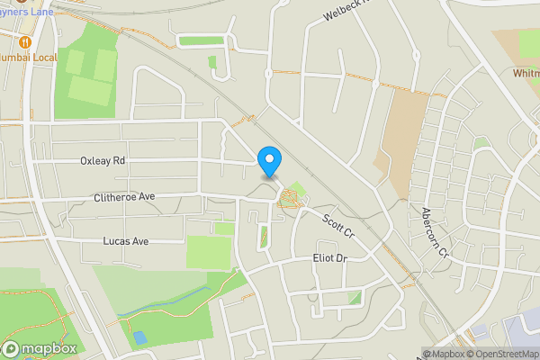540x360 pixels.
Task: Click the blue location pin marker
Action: [269, 161]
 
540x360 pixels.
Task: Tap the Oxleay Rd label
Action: [102, 161]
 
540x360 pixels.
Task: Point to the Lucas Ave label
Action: [125, 242]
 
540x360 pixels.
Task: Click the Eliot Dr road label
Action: [328, 259]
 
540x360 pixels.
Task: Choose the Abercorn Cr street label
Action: [434, 232]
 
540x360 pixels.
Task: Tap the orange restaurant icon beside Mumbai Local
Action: [24, 40]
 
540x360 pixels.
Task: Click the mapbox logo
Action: [38, 349]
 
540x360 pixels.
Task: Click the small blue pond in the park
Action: [139, 338]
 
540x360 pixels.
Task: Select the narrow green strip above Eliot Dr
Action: [264, 238]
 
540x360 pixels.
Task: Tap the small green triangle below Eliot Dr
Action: [355, 297]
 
